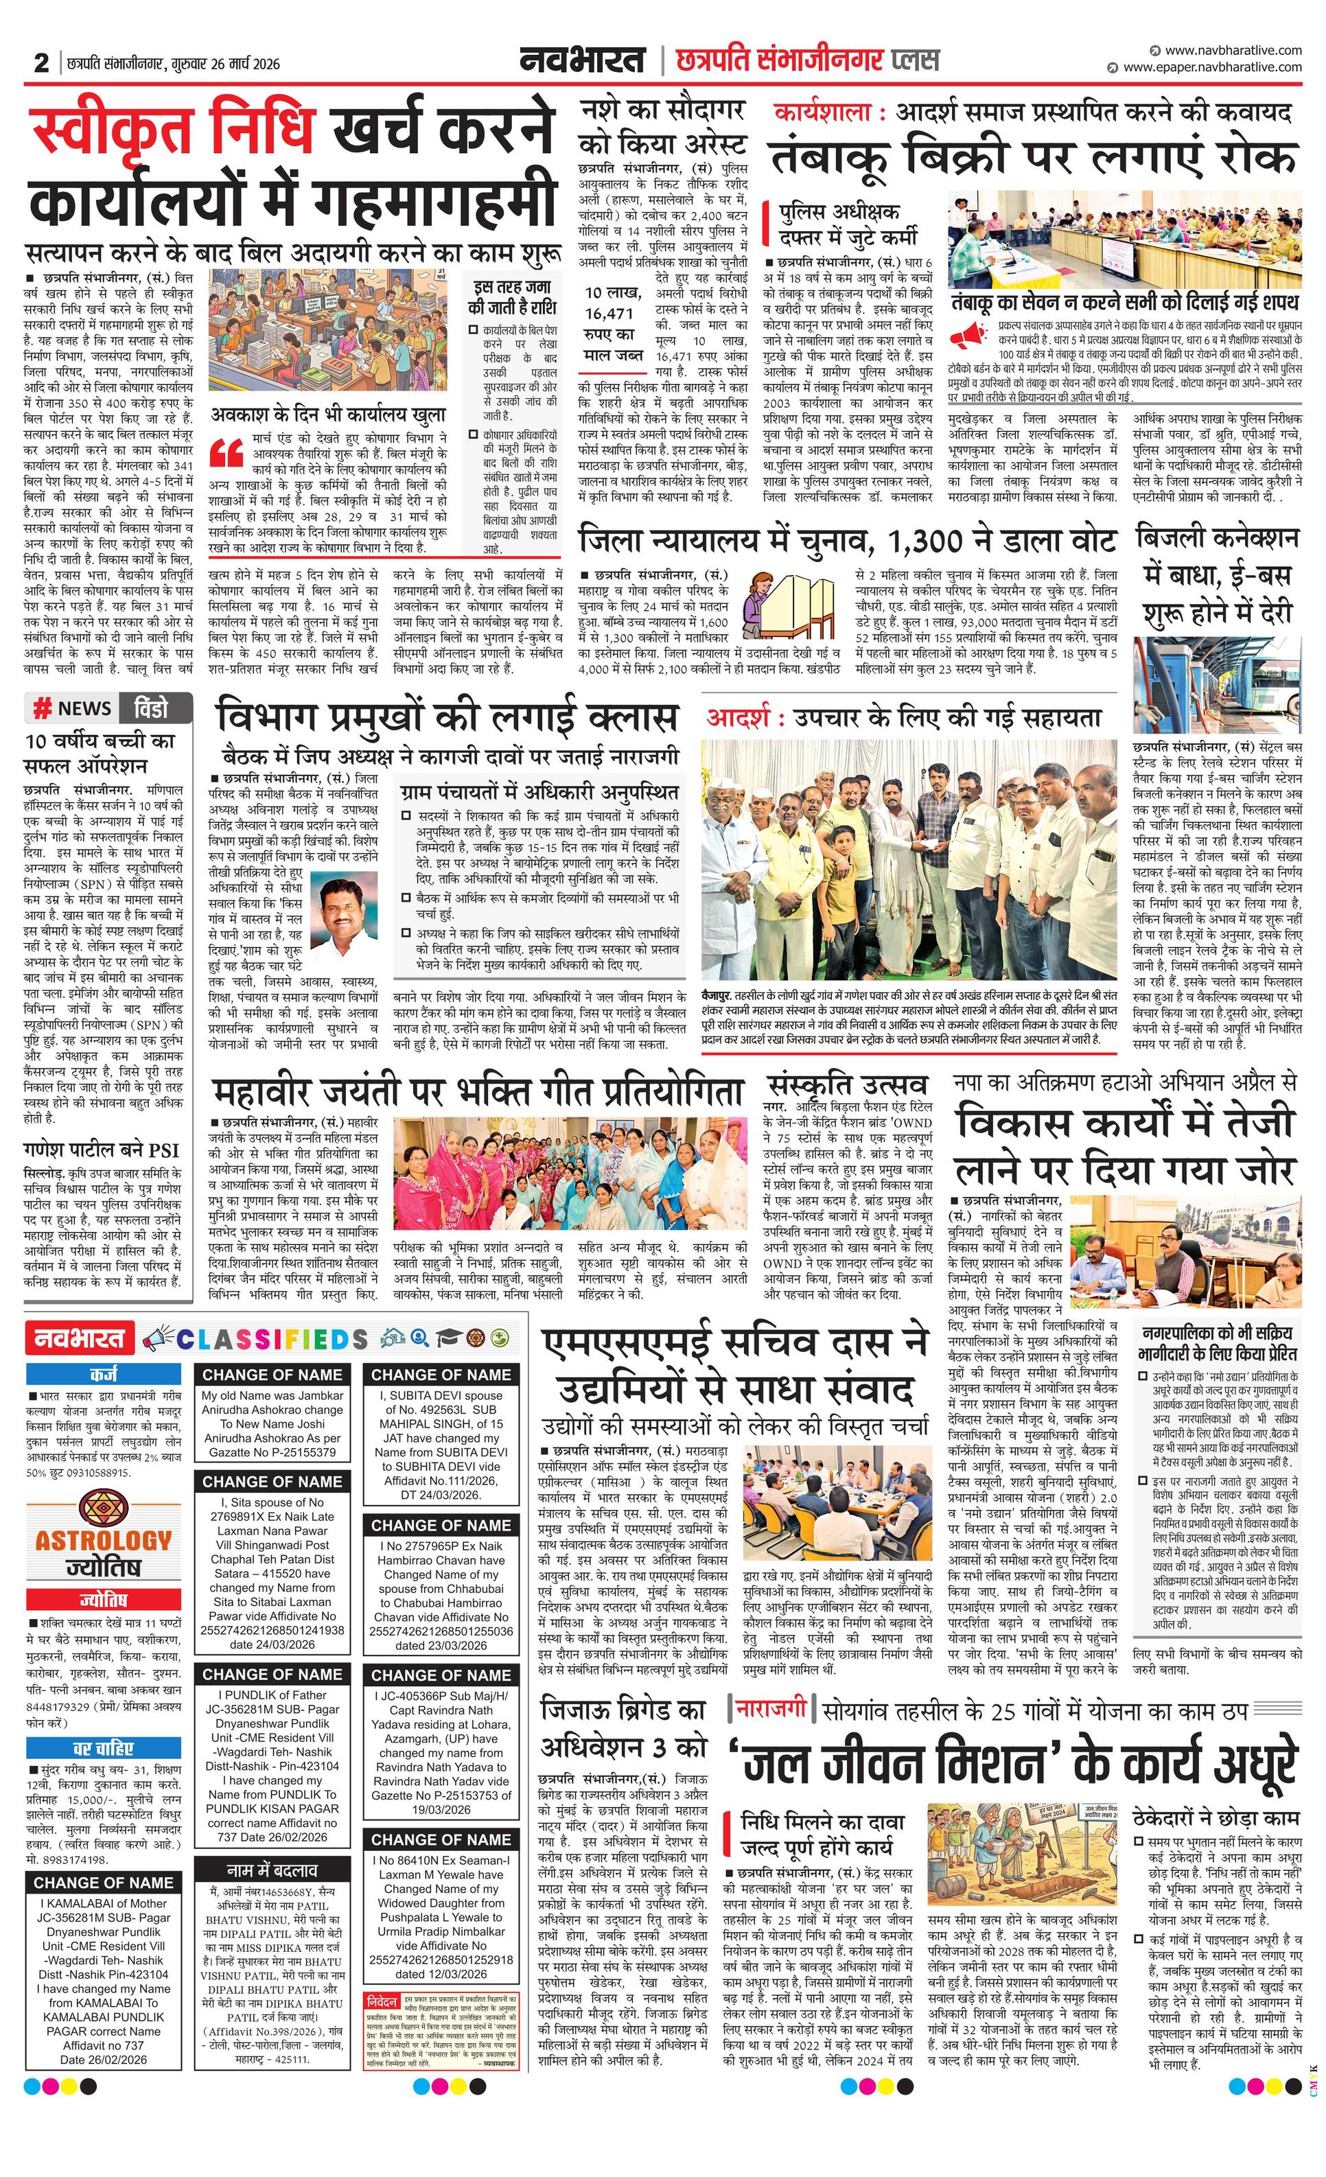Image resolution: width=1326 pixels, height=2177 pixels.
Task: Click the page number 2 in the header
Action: click(x=40, y=62)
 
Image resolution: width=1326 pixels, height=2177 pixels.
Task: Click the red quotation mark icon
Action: click(x=228, y=452)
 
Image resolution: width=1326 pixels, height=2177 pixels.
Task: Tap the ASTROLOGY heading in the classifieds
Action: click(x=104, y=1540)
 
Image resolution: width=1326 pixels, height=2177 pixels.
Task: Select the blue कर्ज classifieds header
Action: click(x=104, y=1375)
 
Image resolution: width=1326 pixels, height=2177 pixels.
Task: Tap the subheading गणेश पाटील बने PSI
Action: click(x=102, y=1150)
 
